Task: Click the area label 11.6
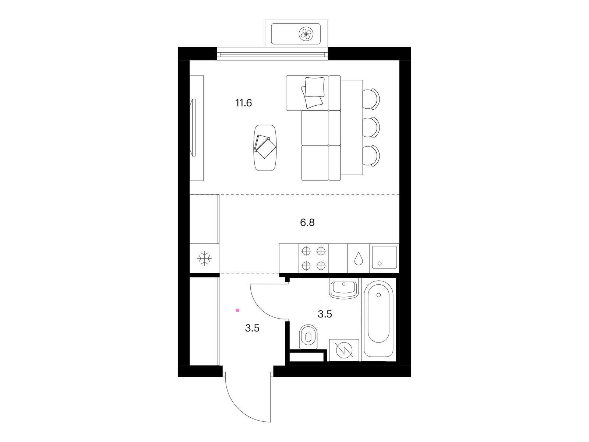pos(244,103)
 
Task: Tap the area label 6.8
pos(307,222)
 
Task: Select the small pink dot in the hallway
pos(237,311)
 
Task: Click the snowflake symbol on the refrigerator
pos(204,259)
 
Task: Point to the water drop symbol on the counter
pos(359,259)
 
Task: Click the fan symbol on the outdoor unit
pos(306,34)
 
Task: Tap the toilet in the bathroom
pos(308,337)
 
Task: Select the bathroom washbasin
pos(344,288)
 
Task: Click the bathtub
pos(379,319)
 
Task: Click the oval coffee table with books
pos(265,147)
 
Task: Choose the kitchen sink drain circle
pos(380,263)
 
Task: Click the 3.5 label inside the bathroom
pos(325,314)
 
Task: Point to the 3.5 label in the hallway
pos(252,328)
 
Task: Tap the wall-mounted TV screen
pos(193,127)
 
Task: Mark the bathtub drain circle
pos(379,295)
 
